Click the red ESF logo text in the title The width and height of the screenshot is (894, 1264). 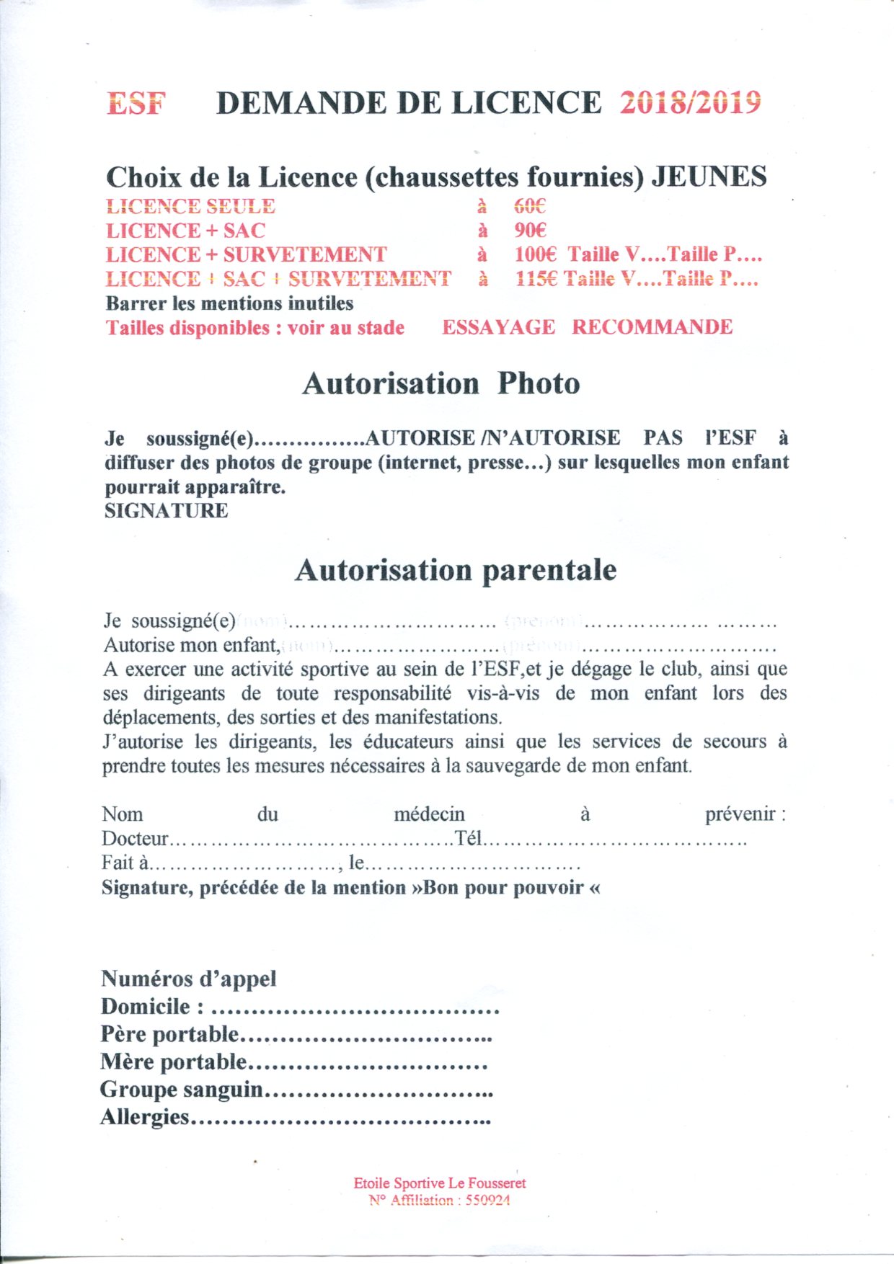click(136, 104)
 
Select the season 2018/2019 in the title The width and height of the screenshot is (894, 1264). click(690, 103)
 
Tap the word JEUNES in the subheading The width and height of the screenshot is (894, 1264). click(709, 177)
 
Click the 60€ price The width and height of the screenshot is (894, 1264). click(530, 207)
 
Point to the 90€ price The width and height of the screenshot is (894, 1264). click(530, 231)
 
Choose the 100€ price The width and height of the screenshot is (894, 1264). click(536, 254)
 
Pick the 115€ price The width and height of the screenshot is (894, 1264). click(536, 279)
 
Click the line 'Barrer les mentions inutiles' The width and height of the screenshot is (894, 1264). click(229, 303)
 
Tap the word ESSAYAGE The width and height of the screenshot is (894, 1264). click(498, 327)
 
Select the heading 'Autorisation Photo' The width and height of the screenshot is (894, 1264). click(441, 383)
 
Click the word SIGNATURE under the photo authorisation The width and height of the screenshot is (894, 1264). click(166, 511)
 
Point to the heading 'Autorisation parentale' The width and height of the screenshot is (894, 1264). click(456, 570)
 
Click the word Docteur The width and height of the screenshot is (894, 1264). click(135, 839)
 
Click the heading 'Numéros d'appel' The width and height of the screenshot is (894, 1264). click(188, 979)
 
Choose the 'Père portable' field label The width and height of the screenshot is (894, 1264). click(169, 1034)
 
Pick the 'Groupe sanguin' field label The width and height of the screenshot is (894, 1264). click(182, 1089)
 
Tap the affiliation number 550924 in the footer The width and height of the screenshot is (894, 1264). click(487, 1201)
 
